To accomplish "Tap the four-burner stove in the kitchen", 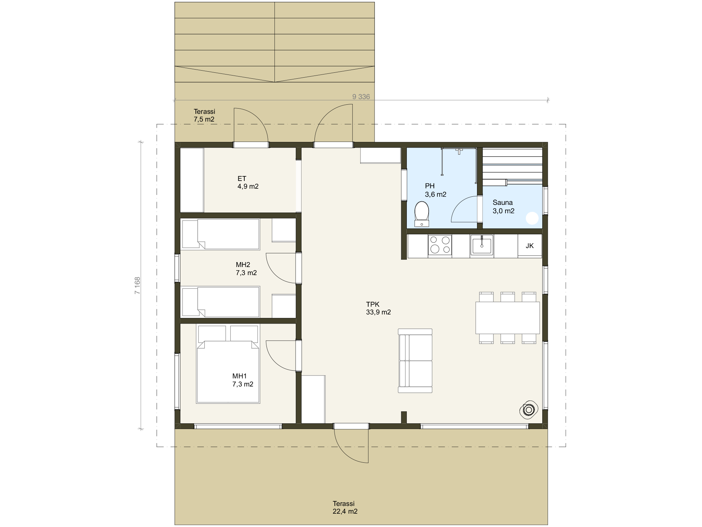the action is pyautogui.click(x=440, y=245).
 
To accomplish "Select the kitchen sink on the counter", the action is pyautogui.click(x=482, y=245).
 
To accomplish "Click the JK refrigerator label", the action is pyautogui.click(x=530, y=246).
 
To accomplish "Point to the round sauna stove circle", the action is pyautogui.click(x=532, y=218).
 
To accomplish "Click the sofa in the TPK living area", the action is pyautogui.click(x=415, y=360).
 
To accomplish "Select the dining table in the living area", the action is pyautogui.click(x=508, y=318).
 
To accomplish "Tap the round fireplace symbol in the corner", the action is pyautogui.click(x=529, y=410).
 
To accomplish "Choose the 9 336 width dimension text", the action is pyautogui.click(x=361, y=97).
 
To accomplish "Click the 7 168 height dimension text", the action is pyautogui.click(x=137, y=285).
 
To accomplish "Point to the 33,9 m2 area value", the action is pyautogui.click(x=378, y=312).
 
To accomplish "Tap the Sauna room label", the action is pyautogui.click(x=503, y=202).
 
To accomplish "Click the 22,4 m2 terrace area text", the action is pyautogui.click(x=345, y=511).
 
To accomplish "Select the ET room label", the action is pyautogui.click(x=242, y=178).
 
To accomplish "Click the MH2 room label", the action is pyautogui.click(x=243, y=265).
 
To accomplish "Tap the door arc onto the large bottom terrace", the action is pyautogui.click(x=344, y=453).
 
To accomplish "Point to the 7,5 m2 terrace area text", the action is pyautogui.click(x=204, y=119).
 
